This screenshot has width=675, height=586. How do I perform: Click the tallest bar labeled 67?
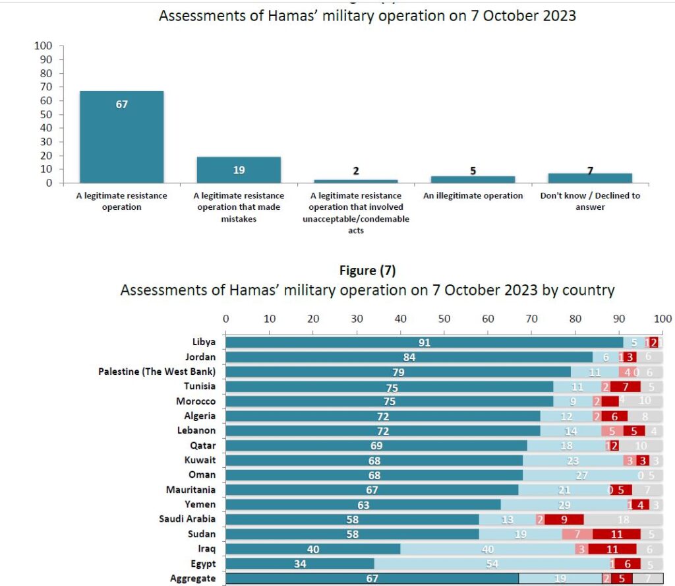click(x=122, y=137)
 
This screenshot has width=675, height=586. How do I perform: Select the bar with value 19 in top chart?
click(x=239, y=170)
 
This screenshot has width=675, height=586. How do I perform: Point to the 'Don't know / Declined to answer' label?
click(x=590, y=201)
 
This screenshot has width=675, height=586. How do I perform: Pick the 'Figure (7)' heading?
click(x=367, y=271)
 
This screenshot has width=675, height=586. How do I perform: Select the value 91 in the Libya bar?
click(x=424, y=342)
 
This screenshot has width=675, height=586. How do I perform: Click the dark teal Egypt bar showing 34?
click(x=300, y=564)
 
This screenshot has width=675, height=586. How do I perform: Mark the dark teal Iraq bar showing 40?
click(x=313, y=549)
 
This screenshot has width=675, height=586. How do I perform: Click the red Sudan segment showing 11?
click(x=616, y=535)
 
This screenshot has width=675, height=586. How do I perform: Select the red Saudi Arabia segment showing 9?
click(x=564, y=519)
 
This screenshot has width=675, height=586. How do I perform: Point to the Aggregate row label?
click(x=192, y=579)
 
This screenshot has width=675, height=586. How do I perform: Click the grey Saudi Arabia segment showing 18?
click(x=622, y=519)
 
